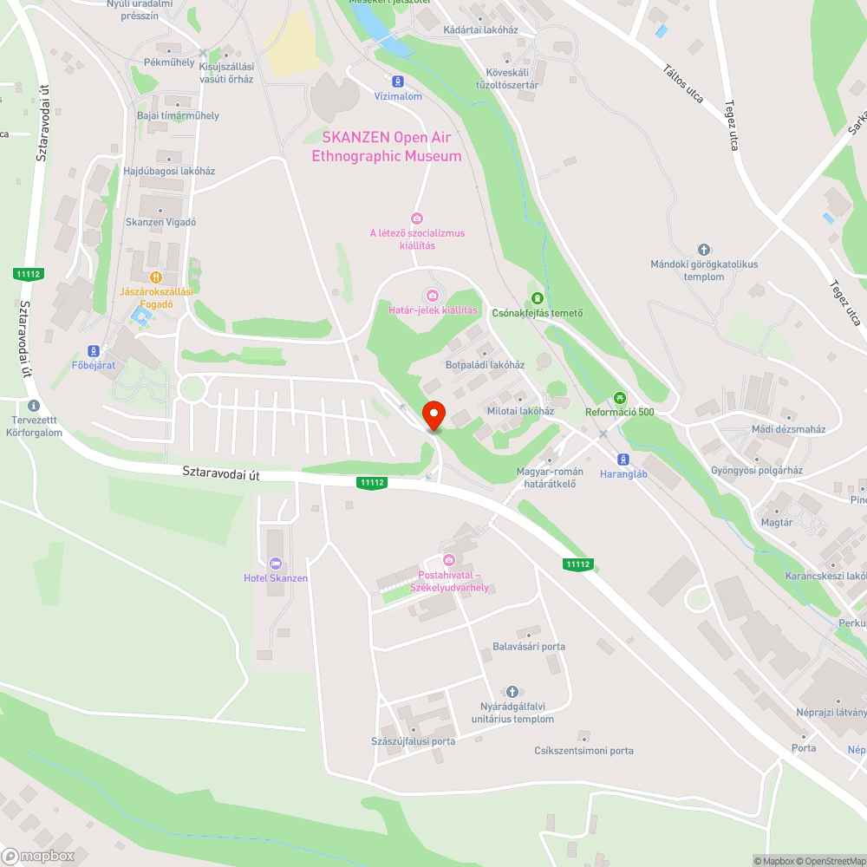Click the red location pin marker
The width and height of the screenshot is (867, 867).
[x=433, y=415]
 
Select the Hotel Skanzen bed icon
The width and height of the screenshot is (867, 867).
[x=276, y=564]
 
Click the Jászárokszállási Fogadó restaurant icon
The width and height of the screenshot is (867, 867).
[x=156, y=277]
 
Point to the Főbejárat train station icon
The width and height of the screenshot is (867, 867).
[x=94, y=351]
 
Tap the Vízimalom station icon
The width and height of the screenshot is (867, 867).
[x=398, y=81]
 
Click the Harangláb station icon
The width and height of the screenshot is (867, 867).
[x=623, y=460]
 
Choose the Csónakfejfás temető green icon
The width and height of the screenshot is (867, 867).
[x=537, y=298]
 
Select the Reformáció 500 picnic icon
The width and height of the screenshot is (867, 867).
[x=619, y=398]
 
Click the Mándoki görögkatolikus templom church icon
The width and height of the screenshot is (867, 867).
[x=703, y=250]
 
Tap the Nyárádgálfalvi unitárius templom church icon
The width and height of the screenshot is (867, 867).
[x=512, y=691]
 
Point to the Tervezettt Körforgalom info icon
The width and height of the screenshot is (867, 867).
[x=34, y=406]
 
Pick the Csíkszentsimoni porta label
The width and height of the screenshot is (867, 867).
[x=583, y=751]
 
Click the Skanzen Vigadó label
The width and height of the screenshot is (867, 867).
[x=160, y=222]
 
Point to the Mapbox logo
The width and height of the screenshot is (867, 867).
[x=39, y=855]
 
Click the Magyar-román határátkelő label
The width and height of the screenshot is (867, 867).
[x=550, y=478]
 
